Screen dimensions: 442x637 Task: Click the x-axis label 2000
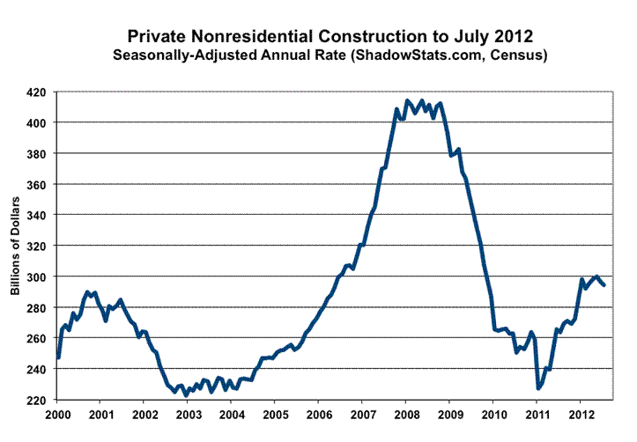[x=57, y=414]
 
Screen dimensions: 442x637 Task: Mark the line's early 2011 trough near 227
[x=538, y=387]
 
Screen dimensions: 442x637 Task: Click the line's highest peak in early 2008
[x=406, y=100]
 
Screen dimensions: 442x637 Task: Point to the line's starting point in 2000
[x=58, y=357]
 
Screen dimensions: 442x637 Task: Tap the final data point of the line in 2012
[x=604, y=284]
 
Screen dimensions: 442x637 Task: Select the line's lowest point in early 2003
[x=186, y=395]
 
